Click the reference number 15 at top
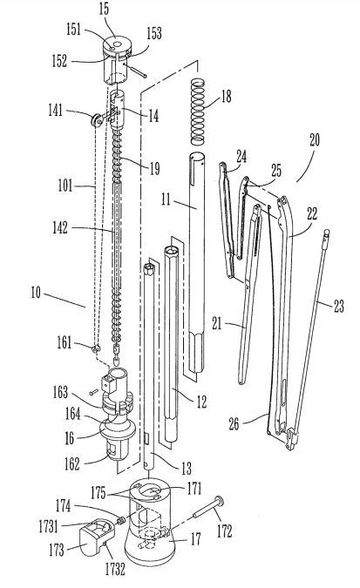[105, 10]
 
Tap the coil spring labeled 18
[198, 112]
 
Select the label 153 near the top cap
[153, 33]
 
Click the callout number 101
[65, 186]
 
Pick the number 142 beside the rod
[60, 227]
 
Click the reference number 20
[315, 140]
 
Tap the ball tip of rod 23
[326, 233]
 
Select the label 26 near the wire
[234, 423]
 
